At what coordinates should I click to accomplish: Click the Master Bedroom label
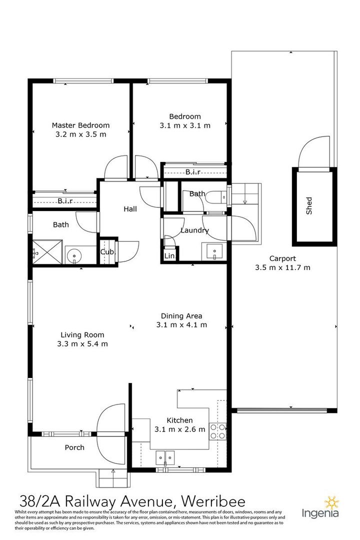click(x=80, y=125)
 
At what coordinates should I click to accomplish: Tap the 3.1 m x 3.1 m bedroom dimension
click(x=185, y=125)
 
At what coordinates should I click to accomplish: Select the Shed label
click(x=309, y=206)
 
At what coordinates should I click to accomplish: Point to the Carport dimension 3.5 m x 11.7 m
click(x=282, y=267)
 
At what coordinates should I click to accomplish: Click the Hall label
click(x=130, y=209)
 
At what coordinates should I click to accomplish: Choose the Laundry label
click(x=194, y=230)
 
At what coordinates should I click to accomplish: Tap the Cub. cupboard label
click(x=108, y=252)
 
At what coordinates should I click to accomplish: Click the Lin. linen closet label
click(x=170, y=256)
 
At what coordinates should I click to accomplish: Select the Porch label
click(x=74, y=447)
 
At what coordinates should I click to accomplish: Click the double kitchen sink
click(x=165, y=457)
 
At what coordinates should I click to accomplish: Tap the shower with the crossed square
click(x=47, y=252)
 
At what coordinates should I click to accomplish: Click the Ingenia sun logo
click(x=332, y=503)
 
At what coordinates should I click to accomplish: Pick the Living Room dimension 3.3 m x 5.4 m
click(x=82, y=343)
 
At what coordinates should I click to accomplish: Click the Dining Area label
click(x=181, y=316)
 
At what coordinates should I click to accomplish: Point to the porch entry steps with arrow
click(x=113, y=478)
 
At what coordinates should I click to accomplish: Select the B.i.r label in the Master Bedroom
click(x=65, y=201)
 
